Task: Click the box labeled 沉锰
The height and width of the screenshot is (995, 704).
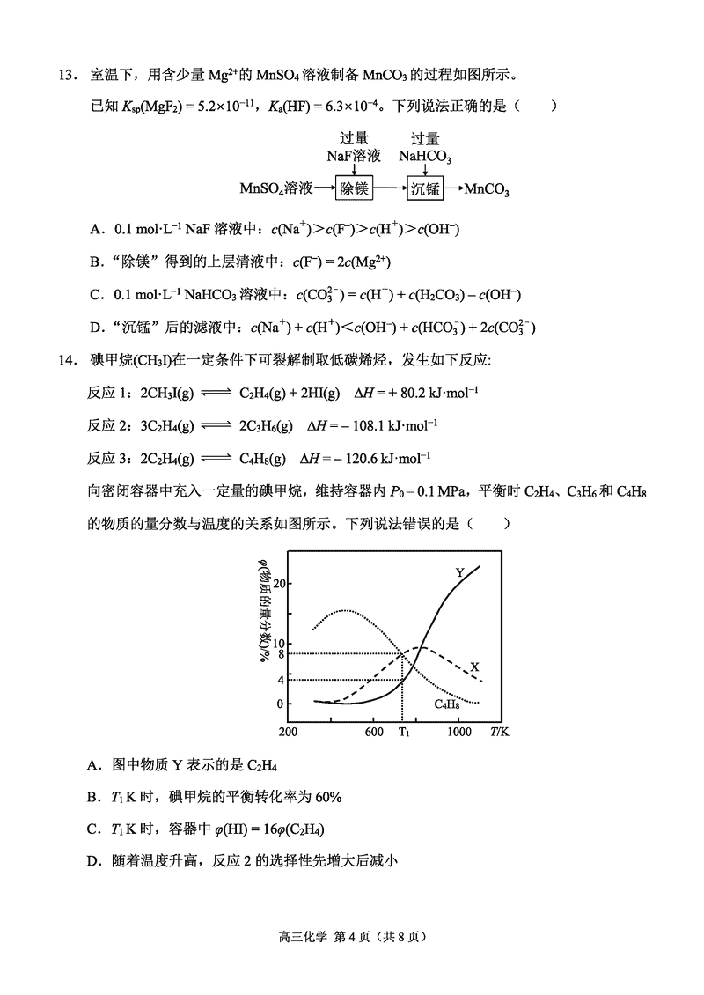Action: pos(426,188)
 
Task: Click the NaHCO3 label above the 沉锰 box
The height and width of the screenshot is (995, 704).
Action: pos(425,157)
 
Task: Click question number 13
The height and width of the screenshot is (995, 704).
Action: pos(70,75)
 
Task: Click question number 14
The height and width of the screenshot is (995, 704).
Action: pos(70,360)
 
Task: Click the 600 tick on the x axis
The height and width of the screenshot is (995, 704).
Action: pos(373,733)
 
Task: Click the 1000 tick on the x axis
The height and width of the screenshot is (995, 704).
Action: pos(458,733)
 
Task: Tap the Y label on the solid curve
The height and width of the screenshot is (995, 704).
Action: pos(459,573)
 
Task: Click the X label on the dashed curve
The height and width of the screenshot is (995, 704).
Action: pos(474,667)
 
